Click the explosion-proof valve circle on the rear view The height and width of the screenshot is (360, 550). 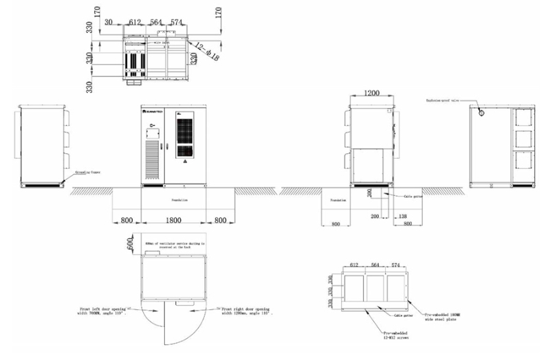point(481,112)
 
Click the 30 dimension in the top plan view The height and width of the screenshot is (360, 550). point(109,22)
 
